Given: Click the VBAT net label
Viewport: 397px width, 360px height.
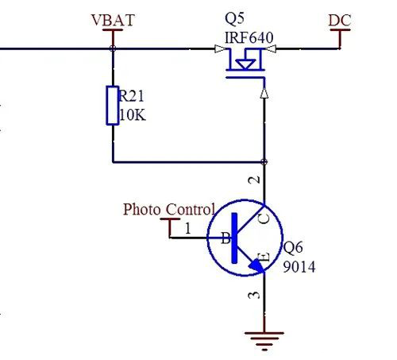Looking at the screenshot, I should (113, 17).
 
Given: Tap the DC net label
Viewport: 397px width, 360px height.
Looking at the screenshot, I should (340, 18).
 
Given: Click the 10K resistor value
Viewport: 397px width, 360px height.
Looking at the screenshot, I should (133, 114).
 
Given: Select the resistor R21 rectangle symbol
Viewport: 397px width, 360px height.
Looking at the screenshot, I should (113, 106).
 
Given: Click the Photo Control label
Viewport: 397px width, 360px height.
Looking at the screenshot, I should (168, 210).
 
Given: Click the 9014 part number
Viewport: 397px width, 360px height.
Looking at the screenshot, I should (299, 267).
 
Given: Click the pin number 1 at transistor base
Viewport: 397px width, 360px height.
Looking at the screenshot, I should (188, 229).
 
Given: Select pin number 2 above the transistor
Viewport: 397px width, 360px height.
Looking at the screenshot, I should (254, 180).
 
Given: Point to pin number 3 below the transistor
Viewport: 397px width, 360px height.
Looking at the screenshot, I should (254, 296).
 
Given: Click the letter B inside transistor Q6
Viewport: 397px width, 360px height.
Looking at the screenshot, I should (225, 238).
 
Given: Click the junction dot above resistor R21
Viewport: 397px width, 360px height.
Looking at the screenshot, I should (113, 48).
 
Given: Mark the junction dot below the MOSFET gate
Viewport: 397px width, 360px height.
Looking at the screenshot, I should (264, 162).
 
